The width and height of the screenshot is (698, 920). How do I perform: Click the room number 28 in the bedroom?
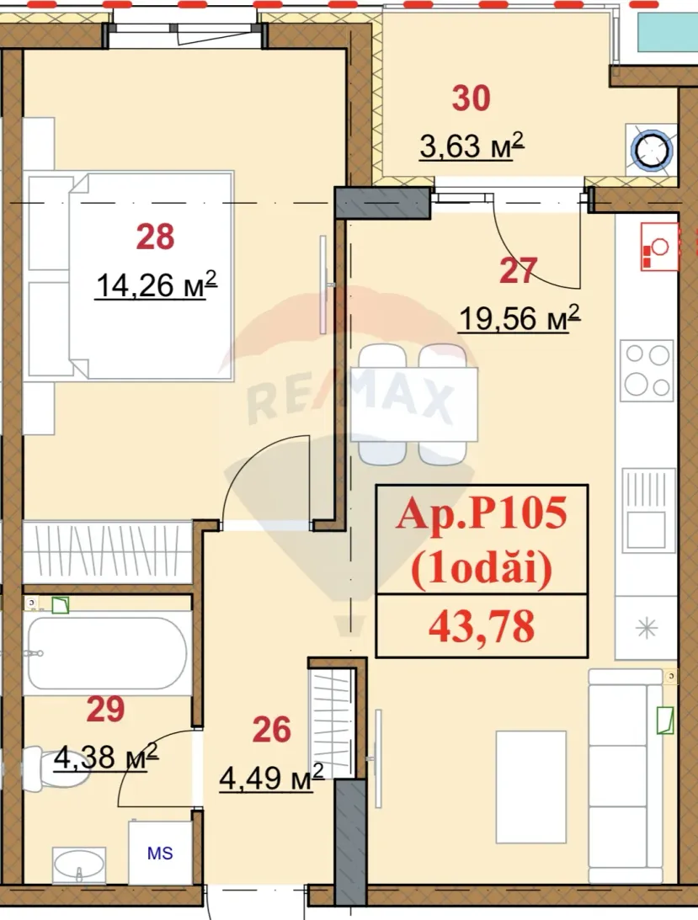[x=155, y=237]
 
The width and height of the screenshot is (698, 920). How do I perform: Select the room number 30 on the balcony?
[x=471, y=98]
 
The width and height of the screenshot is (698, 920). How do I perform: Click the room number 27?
[x=517, y=270]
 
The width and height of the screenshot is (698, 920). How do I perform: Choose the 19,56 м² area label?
[x=519, y=318]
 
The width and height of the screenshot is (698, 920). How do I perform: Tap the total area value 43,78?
[x=482, y=626]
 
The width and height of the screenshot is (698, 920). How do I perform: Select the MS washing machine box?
[x=160, y=852]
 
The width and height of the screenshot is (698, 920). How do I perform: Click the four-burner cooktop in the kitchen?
[x=647, y=370]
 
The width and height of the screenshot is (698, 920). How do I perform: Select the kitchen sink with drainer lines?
[x=647, y=508]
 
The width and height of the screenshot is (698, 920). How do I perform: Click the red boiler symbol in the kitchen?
[x=658, y=247]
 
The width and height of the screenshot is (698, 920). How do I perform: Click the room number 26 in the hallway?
[x=271, y=730]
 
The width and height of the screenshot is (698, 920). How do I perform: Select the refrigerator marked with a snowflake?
[x=647, y=626]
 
